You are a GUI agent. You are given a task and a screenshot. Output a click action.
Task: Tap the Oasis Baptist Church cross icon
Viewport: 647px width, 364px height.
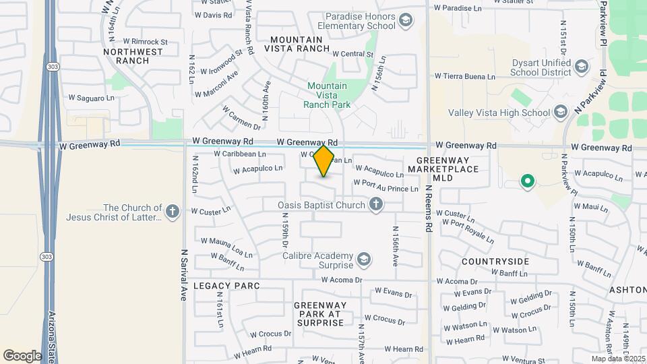[x=376, y=204]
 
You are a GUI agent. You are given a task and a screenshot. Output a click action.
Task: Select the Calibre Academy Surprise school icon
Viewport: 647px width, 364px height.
[x=363, y=260]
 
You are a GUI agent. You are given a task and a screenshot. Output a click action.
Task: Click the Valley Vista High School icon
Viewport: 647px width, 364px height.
[x=561, y=113]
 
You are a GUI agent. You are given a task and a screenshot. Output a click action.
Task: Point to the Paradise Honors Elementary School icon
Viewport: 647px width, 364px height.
[x=405, y=21]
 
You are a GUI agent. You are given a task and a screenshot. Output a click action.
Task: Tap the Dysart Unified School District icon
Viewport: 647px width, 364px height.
[x=582, y=67]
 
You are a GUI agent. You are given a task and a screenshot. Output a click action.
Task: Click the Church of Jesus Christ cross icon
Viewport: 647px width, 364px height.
[x=173, y=212]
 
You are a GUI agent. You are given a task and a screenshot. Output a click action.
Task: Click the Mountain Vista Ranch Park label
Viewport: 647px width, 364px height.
[x=327, y=95]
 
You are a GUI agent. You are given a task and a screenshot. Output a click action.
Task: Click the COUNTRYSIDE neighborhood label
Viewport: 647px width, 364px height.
[x=495, y=261]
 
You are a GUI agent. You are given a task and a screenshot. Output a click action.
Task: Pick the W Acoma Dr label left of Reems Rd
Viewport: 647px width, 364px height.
[x=342, y=280]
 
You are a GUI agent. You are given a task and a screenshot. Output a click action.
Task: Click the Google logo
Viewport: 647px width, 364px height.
[x=22, y=355]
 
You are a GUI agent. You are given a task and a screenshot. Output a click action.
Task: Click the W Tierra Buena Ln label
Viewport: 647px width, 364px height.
[x=465, y=76]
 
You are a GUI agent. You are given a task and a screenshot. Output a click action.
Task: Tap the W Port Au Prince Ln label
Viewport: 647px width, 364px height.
[x=386, y=189]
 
